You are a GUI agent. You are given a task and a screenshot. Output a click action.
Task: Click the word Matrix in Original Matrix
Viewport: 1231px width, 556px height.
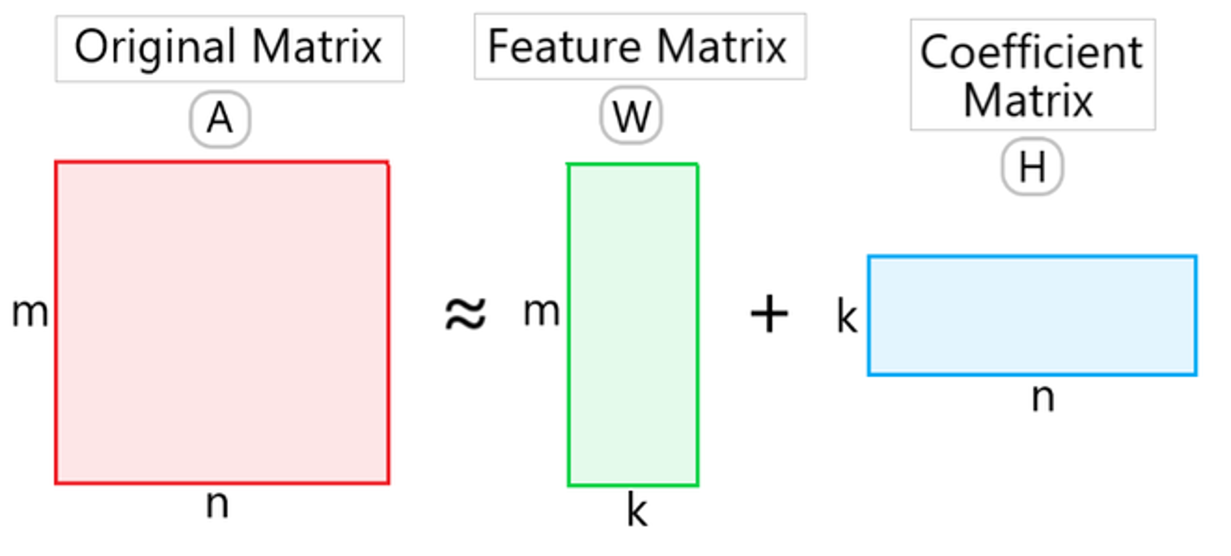(317, 46)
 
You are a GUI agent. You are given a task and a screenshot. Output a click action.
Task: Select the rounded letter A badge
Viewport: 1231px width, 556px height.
(220, 119)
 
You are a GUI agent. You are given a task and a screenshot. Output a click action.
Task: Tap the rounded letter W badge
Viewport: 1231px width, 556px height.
(632, 115)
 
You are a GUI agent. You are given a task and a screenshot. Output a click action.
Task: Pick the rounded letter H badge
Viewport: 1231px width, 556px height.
(1032, 166)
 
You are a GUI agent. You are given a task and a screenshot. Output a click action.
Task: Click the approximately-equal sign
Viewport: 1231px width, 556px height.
(465, 314)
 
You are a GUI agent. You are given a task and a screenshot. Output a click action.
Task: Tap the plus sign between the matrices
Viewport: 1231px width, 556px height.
(769, 314)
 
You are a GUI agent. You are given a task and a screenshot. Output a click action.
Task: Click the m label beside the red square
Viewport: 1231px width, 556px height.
(30, 312)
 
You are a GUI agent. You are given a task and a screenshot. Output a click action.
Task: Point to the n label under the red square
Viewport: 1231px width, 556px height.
(217, 504)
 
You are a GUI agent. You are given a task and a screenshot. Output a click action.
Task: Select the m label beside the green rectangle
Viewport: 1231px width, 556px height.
(542, 312)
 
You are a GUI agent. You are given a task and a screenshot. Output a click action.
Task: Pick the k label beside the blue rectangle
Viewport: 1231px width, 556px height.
(847, 316)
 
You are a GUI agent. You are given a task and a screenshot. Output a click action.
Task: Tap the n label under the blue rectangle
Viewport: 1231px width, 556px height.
(1043, 398)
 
